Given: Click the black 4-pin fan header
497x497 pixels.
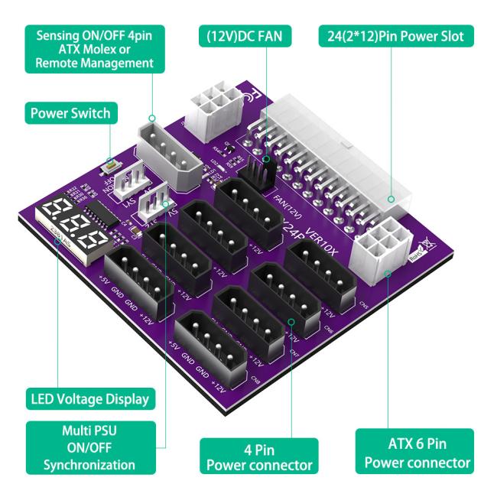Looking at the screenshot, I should (x=260, y=169).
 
